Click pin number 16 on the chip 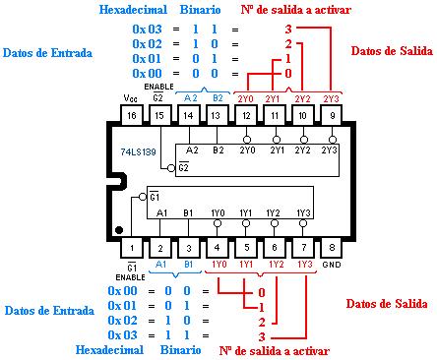(132, 115)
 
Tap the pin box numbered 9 (332, 115)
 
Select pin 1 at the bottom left (132, 248)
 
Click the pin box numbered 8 (332, 248)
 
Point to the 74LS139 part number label (138, 151)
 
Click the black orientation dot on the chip (119, 230)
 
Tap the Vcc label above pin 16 (130, 98)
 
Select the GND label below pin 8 (332, 265)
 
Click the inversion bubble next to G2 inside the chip (171, 168)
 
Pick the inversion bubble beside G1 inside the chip (143, 197)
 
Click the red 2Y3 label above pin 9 (331, 98)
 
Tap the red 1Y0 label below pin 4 (219, 264)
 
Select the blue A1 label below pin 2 (160, 264)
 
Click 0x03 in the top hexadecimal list (147, 30)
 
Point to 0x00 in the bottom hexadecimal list (122, 290)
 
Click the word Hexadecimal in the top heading (133, 10)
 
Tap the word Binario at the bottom (180, 350)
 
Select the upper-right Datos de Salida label (392, 51)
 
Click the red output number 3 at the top (288, 30)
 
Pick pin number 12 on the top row (246, 115)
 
